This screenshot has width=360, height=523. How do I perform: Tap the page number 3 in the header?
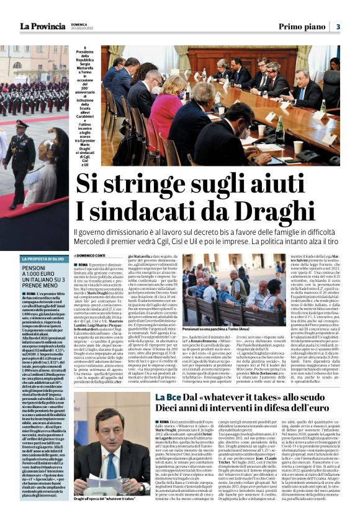(x=338, y=26)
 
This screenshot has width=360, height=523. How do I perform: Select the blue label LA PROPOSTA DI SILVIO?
(x=42, y=258)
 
